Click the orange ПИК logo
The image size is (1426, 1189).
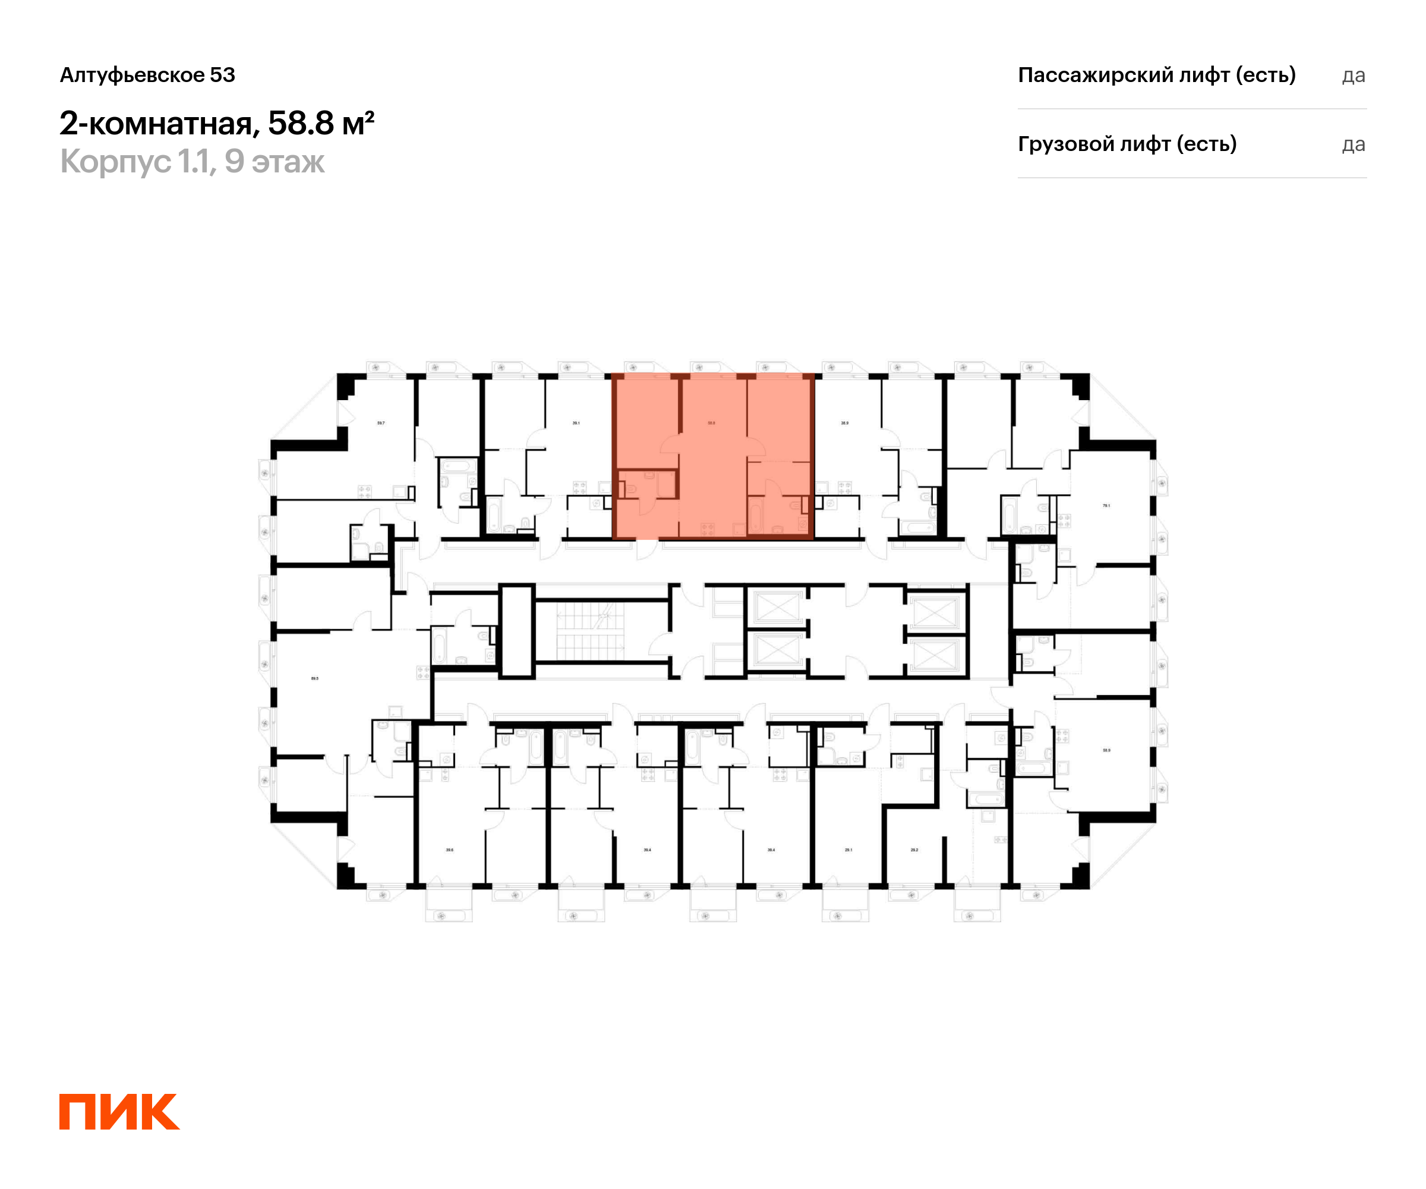pos(119,1112)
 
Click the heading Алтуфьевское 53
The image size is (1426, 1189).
pos(147,75)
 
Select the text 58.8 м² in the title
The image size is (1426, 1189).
pos(320,123)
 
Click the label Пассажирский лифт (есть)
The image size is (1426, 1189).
pos(1156,75)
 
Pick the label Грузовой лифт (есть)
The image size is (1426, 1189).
pos(1127,144)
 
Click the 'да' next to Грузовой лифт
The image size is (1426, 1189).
pos(1354,144)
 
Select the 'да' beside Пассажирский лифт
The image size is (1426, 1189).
pos(1354,76)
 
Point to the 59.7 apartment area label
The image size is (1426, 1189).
pos(381,423)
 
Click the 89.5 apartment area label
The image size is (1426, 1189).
pos(314,678)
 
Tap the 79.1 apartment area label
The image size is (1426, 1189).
pos(1106,505)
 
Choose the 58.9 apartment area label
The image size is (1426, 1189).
pos(1106,750)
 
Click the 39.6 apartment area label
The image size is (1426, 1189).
pos(450,850)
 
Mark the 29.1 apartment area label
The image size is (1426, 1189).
pos(848,850)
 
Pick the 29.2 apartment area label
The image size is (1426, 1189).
pos(914,850)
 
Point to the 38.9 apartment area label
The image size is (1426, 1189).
pos(845,423)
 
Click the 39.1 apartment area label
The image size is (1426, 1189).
pos(576,423)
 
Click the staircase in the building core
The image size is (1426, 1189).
pos(589,631)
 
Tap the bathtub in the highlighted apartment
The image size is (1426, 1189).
pos(755,517)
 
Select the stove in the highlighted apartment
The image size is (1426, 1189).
pos(708,529)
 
